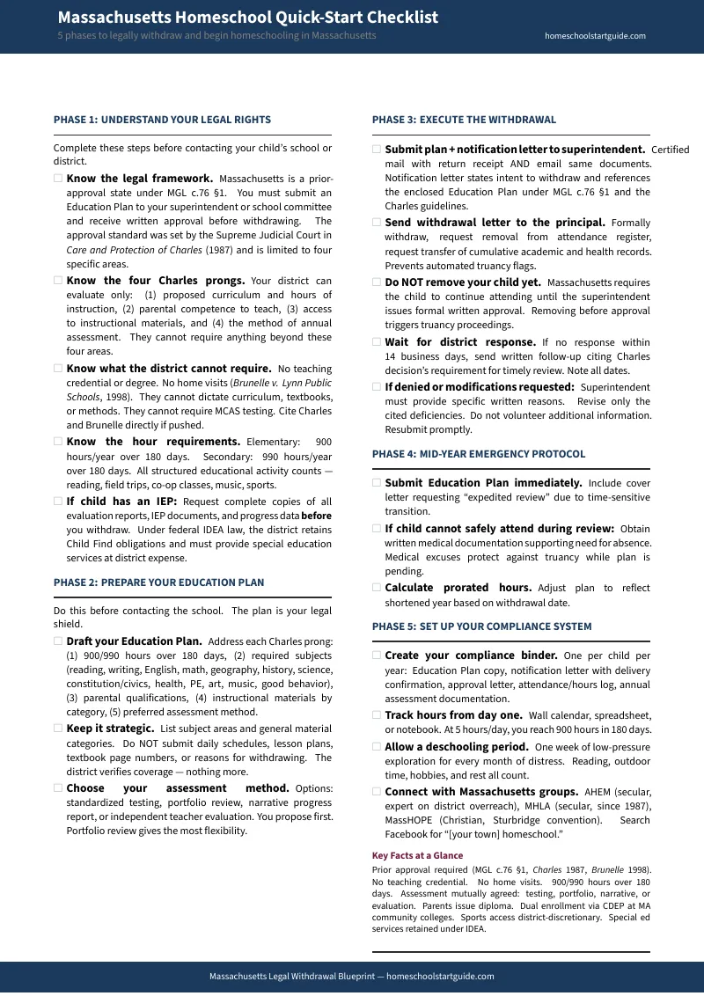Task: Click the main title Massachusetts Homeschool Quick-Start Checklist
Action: point(247,18)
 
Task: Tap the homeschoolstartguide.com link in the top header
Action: point(595,36)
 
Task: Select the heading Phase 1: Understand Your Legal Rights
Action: point(162,120)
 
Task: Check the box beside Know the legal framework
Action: point(58,179)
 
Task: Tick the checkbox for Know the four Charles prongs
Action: point(58,282)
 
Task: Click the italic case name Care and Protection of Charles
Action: point(134,250)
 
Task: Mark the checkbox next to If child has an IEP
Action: point(58,502)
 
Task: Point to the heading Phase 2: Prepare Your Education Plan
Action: point(158,582)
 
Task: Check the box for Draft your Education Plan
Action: point(58,641)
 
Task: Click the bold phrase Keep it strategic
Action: point(110,729)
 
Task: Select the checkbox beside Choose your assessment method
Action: point(58,788)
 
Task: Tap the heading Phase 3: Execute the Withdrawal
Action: point(464,120)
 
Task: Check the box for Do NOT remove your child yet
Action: point(377,282)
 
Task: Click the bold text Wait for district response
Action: point(460,342)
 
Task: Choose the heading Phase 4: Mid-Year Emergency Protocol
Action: point(478,454)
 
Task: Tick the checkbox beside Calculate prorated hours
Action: point(377,588)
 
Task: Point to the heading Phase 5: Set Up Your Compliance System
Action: point(481,626)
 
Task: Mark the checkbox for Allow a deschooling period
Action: point(377,747)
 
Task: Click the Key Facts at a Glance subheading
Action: point(417,855)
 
